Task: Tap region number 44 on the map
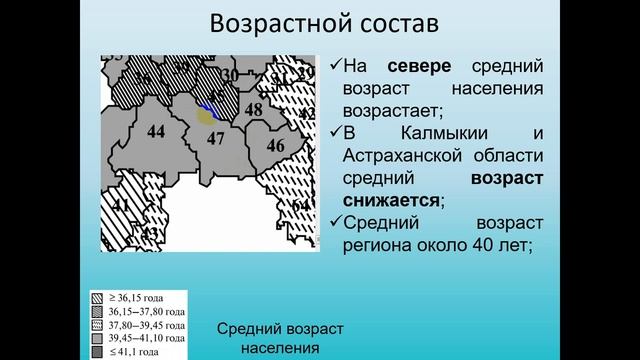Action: click(155, 132)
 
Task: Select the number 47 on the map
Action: click(215, 139)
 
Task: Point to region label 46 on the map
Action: click(275, 146)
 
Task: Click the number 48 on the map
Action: click(253, 110)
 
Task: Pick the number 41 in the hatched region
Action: click(121, 207)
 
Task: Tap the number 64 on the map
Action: click(300, 206)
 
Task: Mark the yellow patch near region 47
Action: click(204, 118)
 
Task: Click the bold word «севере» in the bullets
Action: click(418, 67)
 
